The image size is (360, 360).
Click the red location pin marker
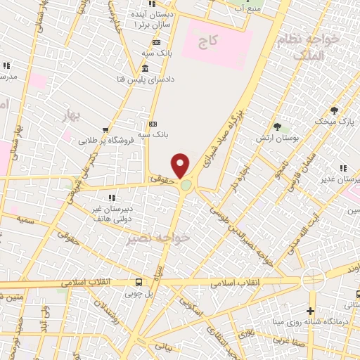click(x=181, y=165)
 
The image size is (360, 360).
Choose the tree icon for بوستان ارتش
click(x=278, y=127)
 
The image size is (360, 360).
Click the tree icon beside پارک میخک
click(x=335, y=110)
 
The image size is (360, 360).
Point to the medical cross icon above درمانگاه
click(x=311, y=311)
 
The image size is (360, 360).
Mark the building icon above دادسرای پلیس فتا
click(x=145, y=68)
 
